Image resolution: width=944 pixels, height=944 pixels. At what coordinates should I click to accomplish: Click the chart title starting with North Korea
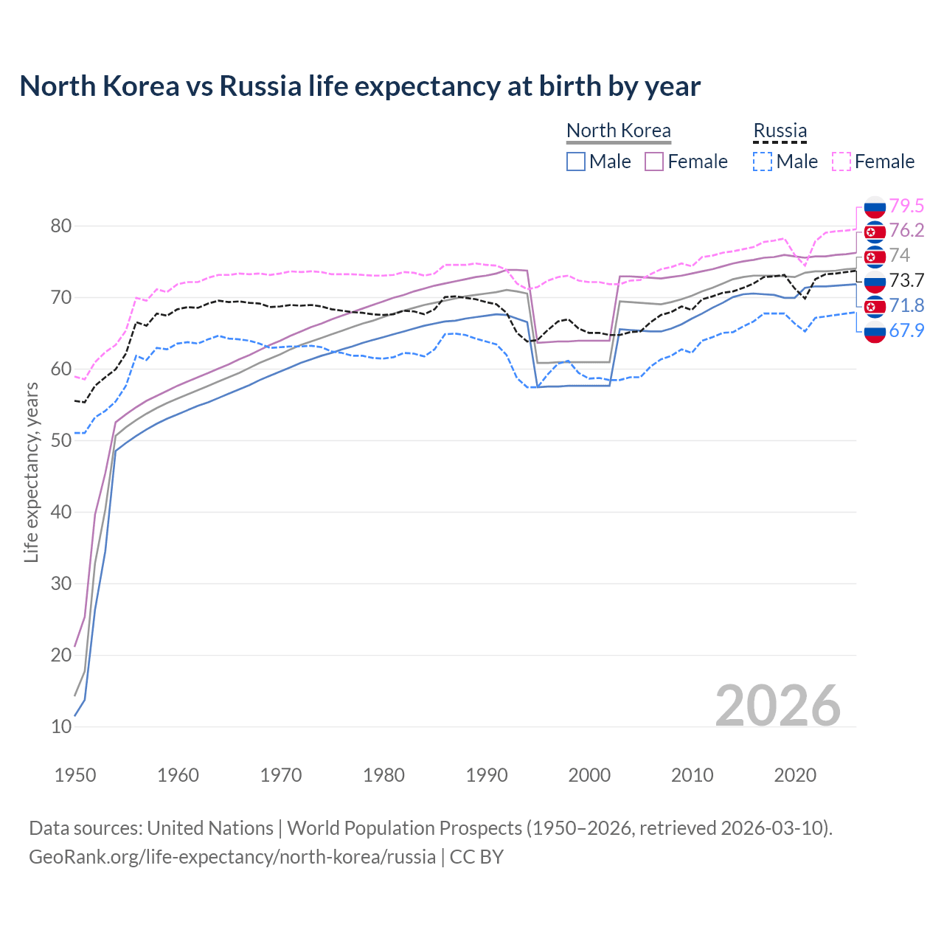pyautogui.click(x=360, y=86)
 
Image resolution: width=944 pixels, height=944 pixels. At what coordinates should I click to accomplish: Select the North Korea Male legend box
pyautogui.click(x=576, y=162)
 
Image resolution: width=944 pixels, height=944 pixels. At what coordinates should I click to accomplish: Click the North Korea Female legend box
pyautogui.click(x=654, y=162)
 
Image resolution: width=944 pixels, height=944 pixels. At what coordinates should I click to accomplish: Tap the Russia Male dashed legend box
pyautogui.click(x=763, y=162)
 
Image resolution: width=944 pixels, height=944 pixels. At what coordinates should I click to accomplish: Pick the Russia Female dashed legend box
pyautogui.click(x=841, y=162)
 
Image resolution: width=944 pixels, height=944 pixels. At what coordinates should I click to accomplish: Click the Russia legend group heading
pyautogui.click(x=780, y=131)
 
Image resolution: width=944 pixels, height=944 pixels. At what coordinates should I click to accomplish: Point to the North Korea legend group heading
pyautogui.click(x=618, y=131)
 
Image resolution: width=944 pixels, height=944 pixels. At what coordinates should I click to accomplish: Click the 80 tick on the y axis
pyautogui.click(x=61, y=226)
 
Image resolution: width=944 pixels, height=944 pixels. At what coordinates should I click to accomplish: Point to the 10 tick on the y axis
pyautogui.click(x=61, y=726)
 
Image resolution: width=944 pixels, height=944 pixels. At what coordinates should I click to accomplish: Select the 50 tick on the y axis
pyautogui.click(x=61, y=440)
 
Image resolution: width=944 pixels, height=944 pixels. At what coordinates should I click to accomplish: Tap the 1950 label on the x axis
pyautogui.click(x=75, y=775)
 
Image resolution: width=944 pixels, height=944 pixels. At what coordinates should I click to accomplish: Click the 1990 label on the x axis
pyautogui.click(x=487, y=775)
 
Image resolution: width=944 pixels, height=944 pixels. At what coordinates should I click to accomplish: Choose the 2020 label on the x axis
pyautogui.click(x=795, y=775)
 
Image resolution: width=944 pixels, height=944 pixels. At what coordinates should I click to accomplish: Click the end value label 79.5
pyautogui.click(x=906, y=206)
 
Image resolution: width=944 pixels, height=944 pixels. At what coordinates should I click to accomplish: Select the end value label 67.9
pyautogui.click(x=906, y=330)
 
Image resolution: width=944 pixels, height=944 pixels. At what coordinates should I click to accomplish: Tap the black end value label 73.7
pyautogui.click(x=906, y=280)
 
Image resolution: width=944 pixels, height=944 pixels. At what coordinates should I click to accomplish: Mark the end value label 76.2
pyautogui.click(x=906, y=230)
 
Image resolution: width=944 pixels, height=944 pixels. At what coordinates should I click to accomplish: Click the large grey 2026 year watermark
pyautogui.click(x=778, y=706)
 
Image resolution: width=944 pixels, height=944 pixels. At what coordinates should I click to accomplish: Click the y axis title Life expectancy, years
pyautogui.click(x=32, y=472)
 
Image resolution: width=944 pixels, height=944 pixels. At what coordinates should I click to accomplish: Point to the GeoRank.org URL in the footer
pyautogui.click(x=232, y=857)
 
